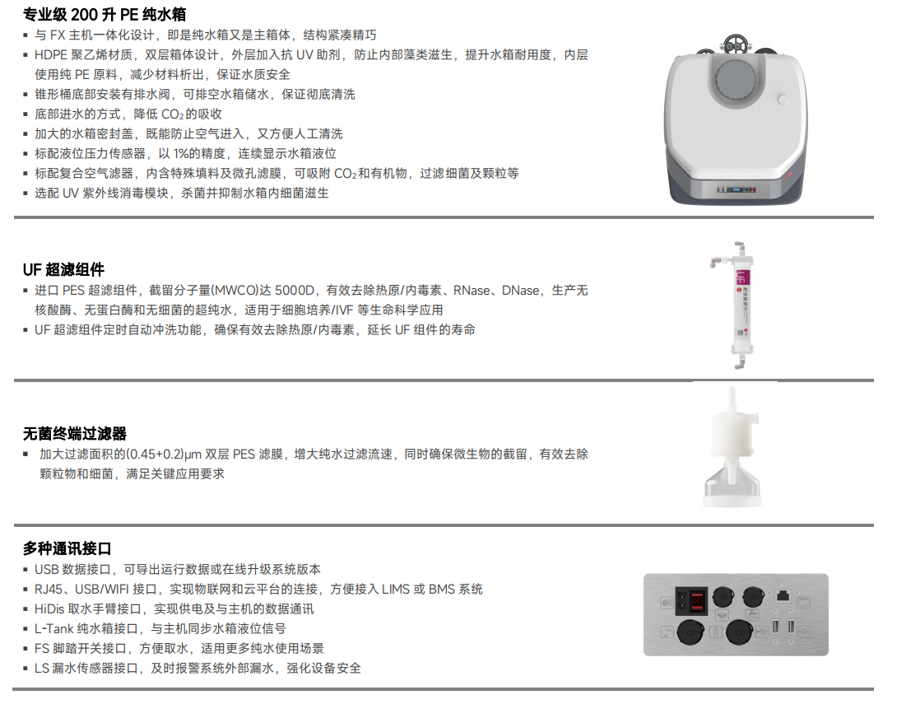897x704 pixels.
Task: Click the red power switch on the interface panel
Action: tap(697, 601)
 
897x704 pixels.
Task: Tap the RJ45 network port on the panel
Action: tap(783, 596)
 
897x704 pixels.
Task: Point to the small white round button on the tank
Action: tap(783, 100)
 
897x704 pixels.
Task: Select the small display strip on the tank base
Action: tap(737, 189)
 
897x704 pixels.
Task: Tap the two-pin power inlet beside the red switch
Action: tap(682, 601)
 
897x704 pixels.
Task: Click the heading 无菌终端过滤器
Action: tap(74, 434)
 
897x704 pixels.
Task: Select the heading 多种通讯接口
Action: tap(67, 548)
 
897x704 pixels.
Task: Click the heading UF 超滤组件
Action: tap(63, 269)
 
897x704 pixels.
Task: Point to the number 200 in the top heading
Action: tap(84, 14)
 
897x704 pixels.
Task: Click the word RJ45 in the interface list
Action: tap(48, 590)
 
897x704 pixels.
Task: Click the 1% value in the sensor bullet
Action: tap(181, 154)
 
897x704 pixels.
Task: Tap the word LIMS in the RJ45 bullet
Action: tap(396, 590)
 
